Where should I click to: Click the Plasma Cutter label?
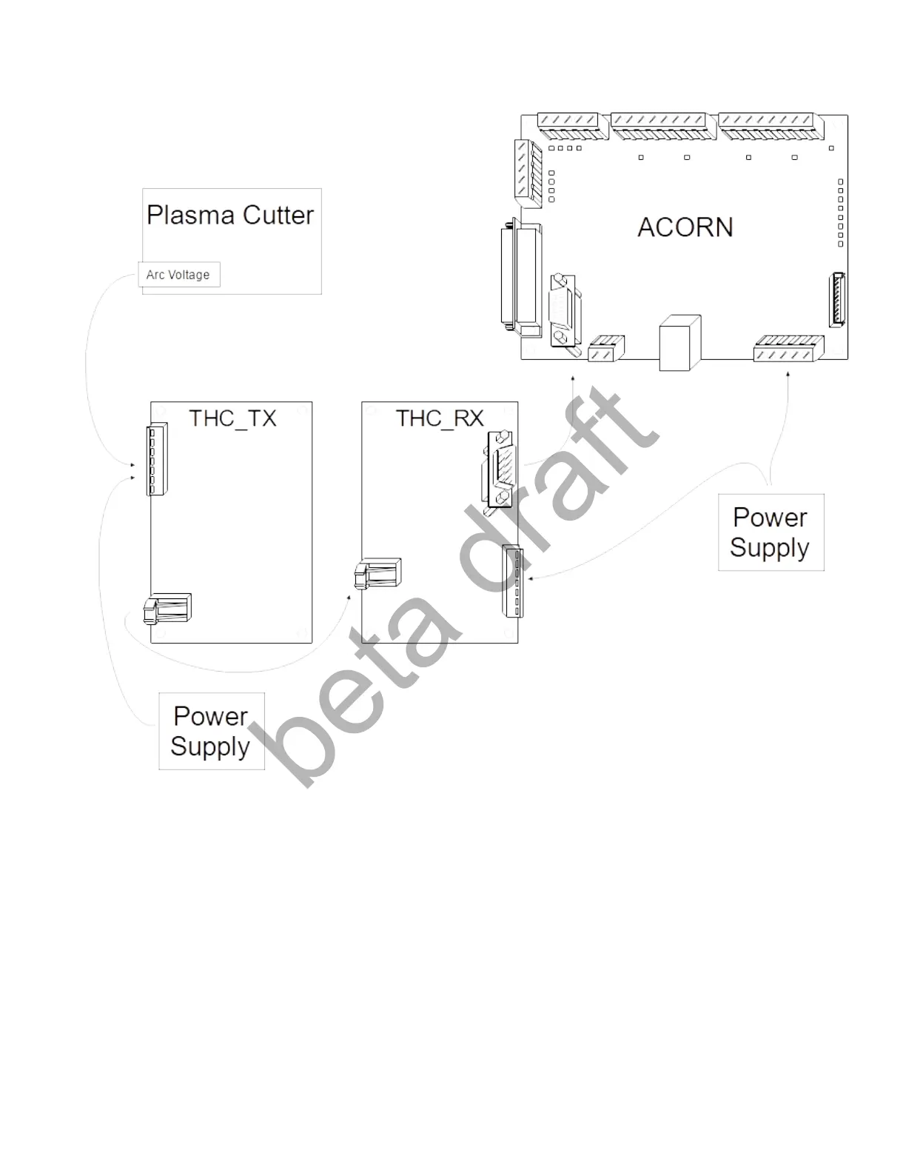[230, 215]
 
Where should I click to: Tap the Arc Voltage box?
[178, 275]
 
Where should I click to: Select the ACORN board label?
[685, 227]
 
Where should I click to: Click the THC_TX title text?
[232, 418]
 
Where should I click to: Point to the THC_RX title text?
[440, 418]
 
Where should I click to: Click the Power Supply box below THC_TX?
[211, 731]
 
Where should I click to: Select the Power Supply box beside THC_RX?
[771, 532]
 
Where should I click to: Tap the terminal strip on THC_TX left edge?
[158, 460]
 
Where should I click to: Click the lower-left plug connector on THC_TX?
[168, 609]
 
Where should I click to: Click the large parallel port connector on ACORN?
[521, 276]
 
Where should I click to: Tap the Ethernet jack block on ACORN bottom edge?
[679, 343]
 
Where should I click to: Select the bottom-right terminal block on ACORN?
[788, 348]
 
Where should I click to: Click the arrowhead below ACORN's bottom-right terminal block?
[788, 375]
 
